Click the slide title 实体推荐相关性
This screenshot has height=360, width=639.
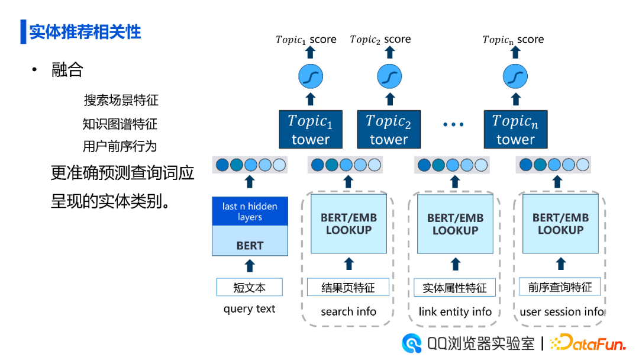(x=85, y=32)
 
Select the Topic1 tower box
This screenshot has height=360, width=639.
(x=311, y=129)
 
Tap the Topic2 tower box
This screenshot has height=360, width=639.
(x=388, y=129)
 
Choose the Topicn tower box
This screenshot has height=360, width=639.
(x=515, y=129)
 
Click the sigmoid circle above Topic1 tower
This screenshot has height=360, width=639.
(x=311, y=76)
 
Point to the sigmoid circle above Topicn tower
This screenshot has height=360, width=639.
(x=515, y=76)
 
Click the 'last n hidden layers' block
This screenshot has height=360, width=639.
(x=250, y=211)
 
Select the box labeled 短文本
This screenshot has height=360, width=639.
(x=250, y=287)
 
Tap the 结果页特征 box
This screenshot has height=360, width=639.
(x=348, y=287)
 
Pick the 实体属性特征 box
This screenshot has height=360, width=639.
(x=454, y=287)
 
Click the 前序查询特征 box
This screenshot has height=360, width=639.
(x=560, y=287)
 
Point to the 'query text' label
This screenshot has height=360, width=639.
(x=250, y=309)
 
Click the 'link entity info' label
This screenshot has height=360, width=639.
(x=455, y=312)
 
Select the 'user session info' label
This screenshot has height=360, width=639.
(x=561, y=312)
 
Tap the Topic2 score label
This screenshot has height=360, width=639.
(x=380, y=40)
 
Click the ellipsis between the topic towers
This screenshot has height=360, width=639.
(x=453, y=124)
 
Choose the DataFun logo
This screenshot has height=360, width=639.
(x=588, y=343)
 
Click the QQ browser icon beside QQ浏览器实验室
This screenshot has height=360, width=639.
(x=412, y=343)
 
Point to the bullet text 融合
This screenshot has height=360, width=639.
(x=67, y=70)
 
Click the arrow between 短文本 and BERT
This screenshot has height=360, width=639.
(x=250, y=266)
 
